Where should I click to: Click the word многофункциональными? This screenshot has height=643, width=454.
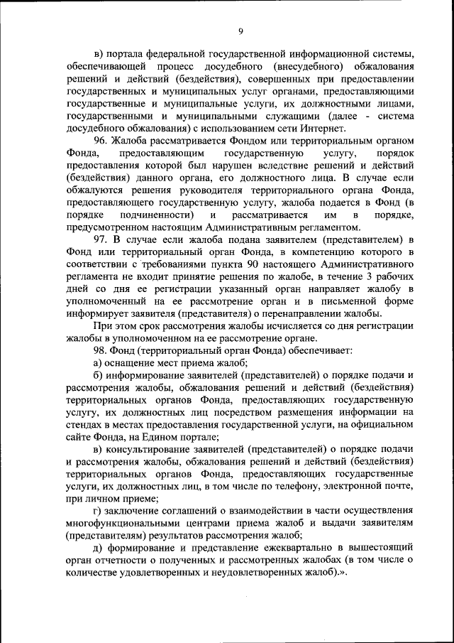point(131,522)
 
